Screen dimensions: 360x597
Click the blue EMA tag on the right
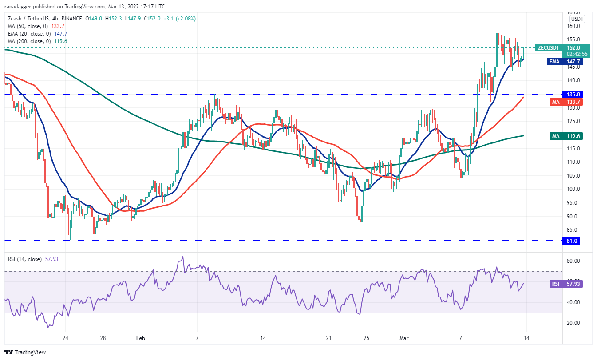[x=554, y=62]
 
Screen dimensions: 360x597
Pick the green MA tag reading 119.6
[x=554, y=136]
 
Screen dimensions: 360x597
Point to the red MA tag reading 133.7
[x=554, y=102]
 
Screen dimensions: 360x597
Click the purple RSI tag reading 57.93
[x=554, y=283]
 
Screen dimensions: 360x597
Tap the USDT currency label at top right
[x=577, y=19]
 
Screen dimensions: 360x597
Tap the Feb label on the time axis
[x=141, y=338]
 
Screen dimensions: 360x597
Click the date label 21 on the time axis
[x=329, y=338]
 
